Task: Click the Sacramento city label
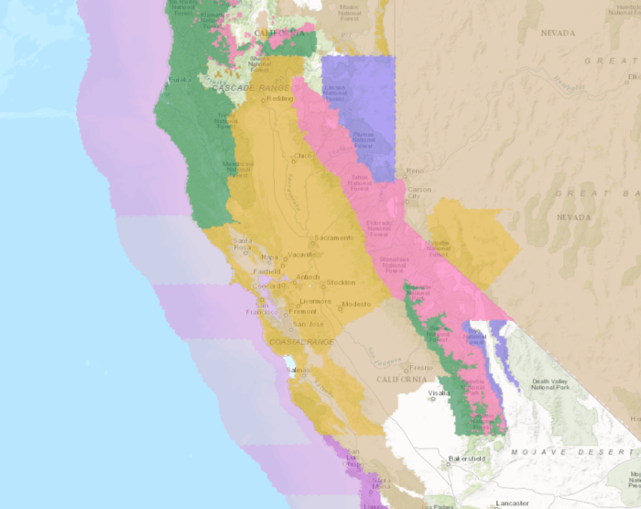tap(333, 238)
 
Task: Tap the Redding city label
tap(279, 99)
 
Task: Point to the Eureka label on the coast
tap(179, 80)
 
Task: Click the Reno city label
tap(416, 172)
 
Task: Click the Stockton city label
tap(340, 282)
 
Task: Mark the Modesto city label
tap(355, 304)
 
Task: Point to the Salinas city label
tap(299, 371)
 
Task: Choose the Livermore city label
tap(314, 301)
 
